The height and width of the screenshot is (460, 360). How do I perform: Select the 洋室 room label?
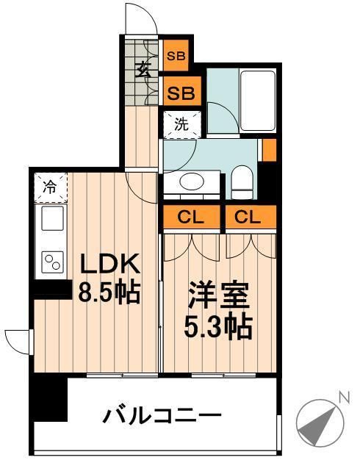coord(218,298)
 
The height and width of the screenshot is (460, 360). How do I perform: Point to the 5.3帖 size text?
coord(218,326)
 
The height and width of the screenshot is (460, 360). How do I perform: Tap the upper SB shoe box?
coord(176,54)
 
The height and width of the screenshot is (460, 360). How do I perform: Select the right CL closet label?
coord(251,218)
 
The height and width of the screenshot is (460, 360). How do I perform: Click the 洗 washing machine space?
coord(181,123)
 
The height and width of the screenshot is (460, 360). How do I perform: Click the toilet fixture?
coord(241,179)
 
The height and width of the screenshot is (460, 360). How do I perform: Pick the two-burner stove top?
coord(51,262)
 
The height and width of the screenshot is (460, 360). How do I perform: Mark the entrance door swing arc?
coord(140,16)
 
